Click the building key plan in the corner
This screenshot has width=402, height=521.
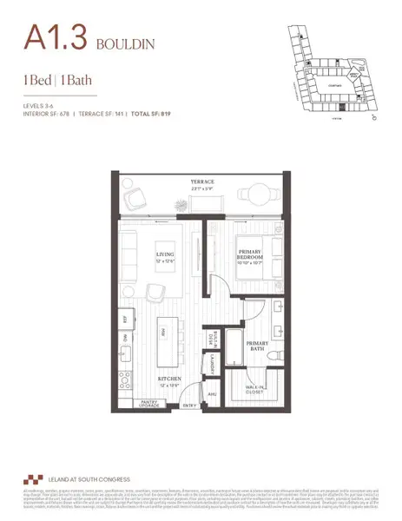tap(335, 69)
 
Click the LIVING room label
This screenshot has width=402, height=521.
tap(165, 249)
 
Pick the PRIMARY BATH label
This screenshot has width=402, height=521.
tap(259, 346)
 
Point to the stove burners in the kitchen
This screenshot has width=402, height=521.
tap(125, 380)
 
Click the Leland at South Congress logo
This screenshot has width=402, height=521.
tap(34, 479)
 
